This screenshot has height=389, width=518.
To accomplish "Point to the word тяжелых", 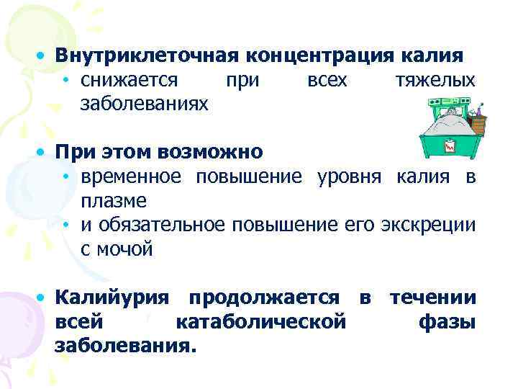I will [435, 80].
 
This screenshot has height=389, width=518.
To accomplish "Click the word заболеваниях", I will [145, 104].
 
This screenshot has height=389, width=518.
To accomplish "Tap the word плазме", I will [114, 201].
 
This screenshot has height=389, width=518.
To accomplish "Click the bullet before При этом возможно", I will [44, 153].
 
